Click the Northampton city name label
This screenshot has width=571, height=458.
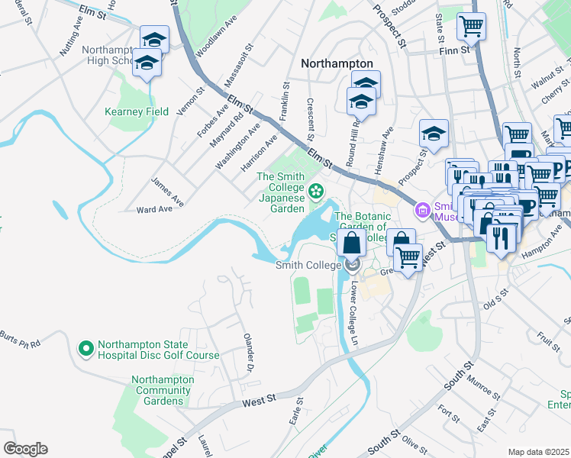(337, 64)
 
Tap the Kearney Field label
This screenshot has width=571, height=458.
(136, 111)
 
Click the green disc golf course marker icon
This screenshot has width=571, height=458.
(85, 349)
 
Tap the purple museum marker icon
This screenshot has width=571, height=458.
(420, 209)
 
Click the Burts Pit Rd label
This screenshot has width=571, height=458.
(19, 340)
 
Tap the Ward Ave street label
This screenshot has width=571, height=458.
(154, 209)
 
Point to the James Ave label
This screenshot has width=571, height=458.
(167, 190)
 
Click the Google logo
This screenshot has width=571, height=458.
(25, 449)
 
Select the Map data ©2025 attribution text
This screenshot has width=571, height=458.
(538, 452)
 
